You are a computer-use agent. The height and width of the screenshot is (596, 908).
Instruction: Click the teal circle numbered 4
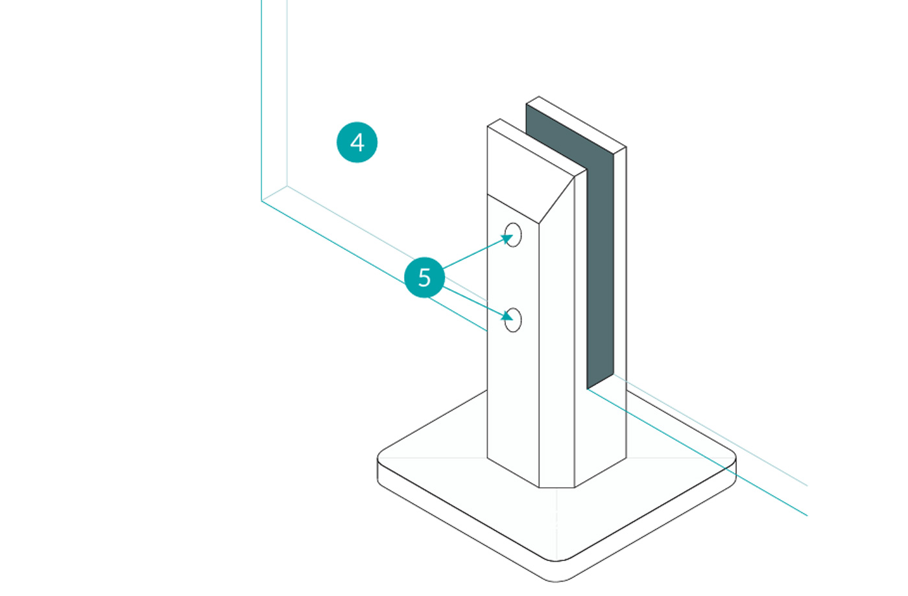[357, 142]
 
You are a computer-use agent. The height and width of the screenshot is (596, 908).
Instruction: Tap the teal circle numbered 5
[424, 277]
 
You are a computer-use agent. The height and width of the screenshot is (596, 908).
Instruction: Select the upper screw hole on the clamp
[513, 235]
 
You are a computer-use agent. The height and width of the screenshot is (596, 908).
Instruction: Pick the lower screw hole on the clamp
[513, 319]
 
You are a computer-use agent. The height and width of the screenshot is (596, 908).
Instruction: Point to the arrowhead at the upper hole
[507, 239]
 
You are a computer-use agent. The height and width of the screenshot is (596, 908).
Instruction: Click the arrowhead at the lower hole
[507, 316]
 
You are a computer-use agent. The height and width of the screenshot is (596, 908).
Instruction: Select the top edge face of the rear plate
[576, 122]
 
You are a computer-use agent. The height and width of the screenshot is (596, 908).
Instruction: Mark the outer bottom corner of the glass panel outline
[262, 200]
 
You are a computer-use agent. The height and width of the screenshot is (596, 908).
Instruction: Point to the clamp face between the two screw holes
[513, 277]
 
